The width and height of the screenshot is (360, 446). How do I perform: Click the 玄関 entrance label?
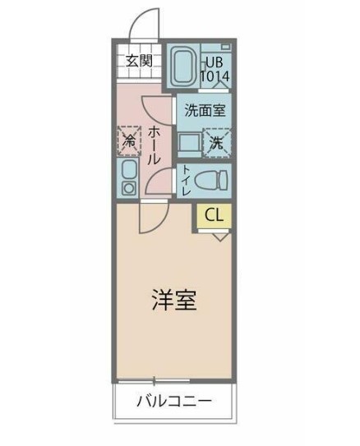[x=139, y=60]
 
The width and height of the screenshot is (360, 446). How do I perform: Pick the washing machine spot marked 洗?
[x=217, y=141]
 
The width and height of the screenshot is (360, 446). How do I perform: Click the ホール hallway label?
[x=154, y=149]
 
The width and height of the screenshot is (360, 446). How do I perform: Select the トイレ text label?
[x=187, y=181]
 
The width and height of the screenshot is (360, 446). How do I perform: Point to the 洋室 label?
[x=173, y=301]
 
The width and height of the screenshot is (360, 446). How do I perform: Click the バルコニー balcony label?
[x=173, y=402]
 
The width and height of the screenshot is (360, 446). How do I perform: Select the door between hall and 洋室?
[x=151, y=215]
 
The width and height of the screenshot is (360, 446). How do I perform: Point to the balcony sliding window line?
[x=173, y=379]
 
